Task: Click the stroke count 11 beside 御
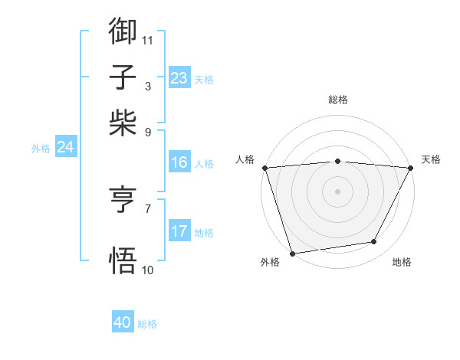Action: pos(148,40)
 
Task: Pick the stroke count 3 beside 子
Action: pos(148,86)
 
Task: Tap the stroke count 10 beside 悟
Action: pos(148,270)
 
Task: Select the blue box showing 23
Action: pos(179,78)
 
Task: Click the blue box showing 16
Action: pos(179,162)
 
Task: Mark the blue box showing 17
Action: pos(179,231)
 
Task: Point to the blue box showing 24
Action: pos(65,147)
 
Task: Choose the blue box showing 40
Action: pos(123,322)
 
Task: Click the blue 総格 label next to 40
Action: pos(147,324)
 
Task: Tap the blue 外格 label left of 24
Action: pos(40,149)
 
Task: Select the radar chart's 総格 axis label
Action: pos(338,100)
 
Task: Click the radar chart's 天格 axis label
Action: pos(431,159)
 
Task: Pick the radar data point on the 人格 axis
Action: pos(264,167)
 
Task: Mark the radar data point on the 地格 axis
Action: pos(374,242)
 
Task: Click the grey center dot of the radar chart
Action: pos(338,191)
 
